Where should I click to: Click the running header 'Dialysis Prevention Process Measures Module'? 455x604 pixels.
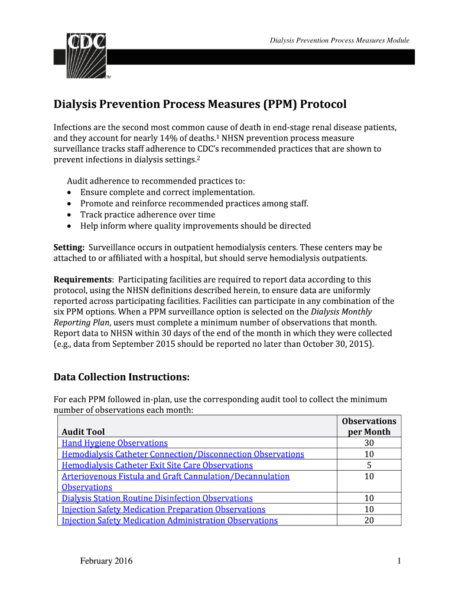tap(339, 41)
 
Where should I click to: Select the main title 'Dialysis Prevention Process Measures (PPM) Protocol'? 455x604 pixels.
tap(200, 104)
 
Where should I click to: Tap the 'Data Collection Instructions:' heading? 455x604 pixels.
tap(122, 377)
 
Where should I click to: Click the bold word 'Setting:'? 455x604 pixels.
tap(69, 247)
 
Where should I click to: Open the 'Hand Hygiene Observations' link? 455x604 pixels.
tap(115, 443)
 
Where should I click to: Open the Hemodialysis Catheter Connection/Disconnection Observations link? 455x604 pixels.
tap(183, 454)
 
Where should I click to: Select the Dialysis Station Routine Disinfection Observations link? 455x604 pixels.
tap(157, 498)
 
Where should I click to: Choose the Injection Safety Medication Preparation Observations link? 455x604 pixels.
tap(164, 510)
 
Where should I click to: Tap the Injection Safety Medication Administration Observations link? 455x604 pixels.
tap(170, 521)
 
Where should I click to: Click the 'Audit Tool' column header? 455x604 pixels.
tap(83, 432)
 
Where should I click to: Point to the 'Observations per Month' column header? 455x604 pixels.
tap(369, 426)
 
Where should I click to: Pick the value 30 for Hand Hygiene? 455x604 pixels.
tap(369, 443)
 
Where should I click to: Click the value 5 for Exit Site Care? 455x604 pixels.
tap(369, 465)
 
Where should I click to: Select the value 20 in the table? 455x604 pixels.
tap(369, 521)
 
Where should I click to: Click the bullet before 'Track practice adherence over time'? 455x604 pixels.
tap(70, 215)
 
